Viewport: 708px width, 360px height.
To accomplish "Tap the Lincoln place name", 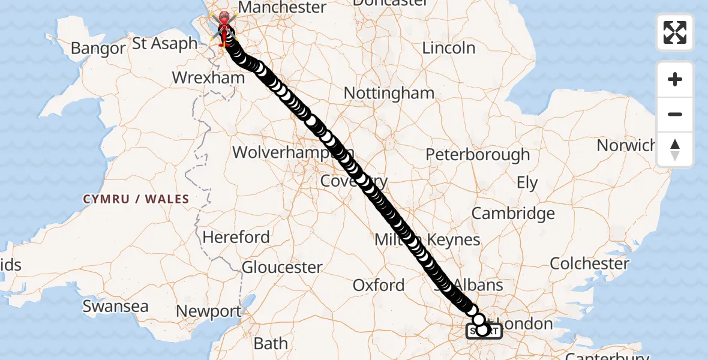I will pos(449,48).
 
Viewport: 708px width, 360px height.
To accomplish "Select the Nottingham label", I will pos(389,93).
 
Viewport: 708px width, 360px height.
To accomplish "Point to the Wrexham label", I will pos(208,78).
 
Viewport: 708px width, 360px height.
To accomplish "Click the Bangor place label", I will pos(97,48).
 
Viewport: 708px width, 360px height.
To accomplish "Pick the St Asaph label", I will pos(165,44).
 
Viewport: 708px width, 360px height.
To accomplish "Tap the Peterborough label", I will pos(478,155).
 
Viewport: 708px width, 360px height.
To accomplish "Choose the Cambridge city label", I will pos(513,213).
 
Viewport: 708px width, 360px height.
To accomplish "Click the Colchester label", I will pos(589,263).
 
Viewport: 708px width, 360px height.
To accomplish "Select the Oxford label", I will pos(378,285).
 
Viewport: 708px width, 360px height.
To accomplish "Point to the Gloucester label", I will pos(282,267).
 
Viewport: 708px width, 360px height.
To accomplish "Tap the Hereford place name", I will pos(236,237).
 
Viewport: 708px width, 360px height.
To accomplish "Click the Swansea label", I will pos(115,306).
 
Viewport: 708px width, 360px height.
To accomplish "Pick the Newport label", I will pos(208,312).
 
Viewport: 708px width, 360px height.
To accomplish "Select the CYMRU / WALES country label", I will pos(136,199).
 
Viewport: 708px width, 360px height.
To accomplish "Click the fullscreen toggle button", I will pos(675,32).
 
